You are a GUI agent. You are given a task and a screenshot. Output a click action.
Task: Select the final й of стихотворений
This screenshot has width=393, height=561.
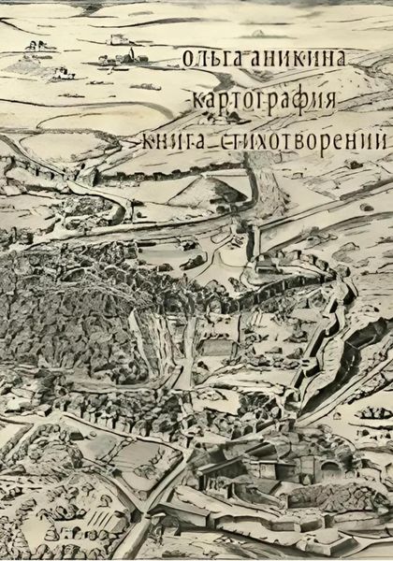point(378,139)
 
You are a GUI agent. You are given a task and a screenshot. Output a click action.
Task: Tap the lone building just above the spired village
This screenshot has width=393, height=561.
point(118,39)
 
